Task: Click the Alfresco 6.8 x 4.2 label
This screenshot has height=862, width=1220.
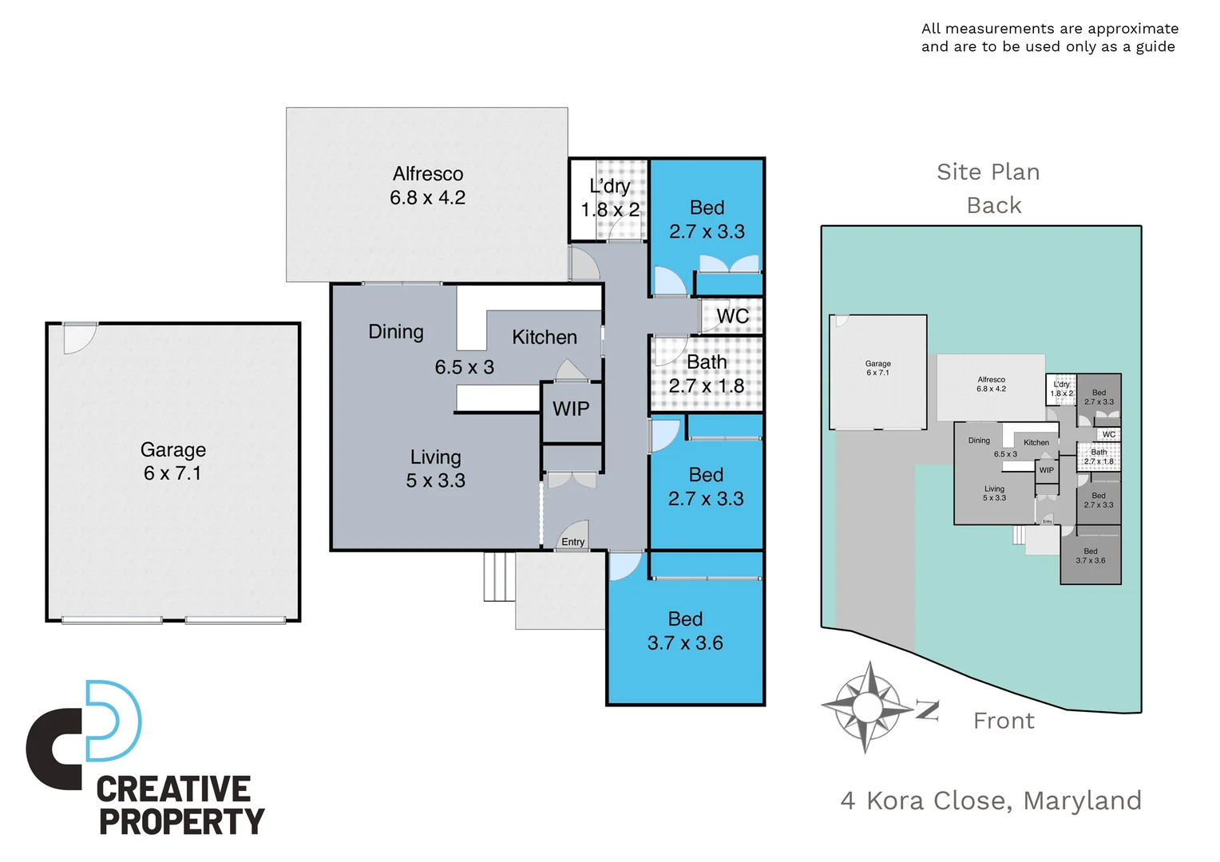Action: tap(427, 186)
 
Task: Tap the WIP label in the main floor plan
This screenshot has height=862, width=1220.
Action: tap(571, 409)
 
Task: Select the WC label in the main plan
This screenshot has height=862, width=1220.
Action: tap(732, 316)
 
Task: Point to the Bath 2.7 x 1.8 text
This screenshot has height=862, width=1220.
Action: tap(707, 374)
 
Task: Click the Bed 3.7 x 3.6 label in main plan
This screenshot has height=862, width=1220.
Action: tap(685, 631)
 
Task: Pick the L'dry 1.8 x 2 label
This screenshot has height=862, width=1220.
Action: tap(610, 198)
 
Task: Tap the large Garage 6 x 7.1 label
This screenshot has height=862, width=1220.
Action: tap(173, 461)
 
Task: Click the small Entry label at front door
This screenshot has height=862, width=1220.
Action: tap(572, 542)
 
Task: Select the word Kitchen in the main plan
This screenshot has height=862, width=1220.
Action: tap(545, 338)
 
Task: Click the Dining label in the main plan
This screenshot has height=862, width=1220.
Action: tap(396, 332)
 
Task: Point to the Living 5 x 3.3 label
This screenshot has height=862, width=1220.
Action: tap(435, 469)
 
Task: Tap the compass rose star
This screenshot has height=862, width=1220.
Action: tap(867, 706)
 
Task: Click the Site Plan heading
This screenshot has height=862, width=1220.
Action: tap(988, 172)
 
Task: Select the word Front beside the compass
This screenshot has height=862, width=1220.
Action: tap(1004, 722)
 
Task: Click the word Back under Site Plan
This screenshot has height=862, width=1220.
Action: tap(994, 206)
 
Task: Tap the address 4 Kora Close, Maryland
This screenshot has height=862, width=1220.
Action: tap(991, 801)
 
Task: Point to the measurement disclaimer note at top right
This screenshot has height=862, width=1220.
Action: tap(1049, 38)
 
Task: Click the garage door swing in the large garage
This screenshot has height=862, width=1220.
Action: tap(78, 338)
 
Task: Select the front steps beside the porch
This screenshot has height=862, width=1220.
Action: tap(499, 576)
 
